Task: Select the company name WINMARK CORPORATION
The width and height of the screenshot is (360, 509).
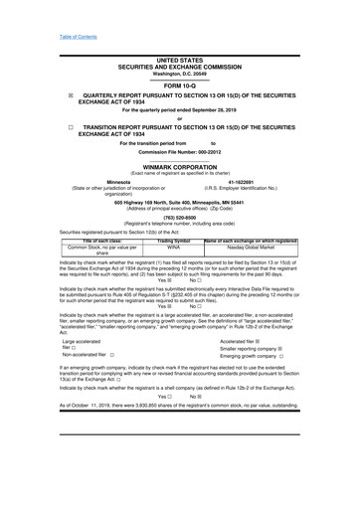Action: [179, 168]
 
